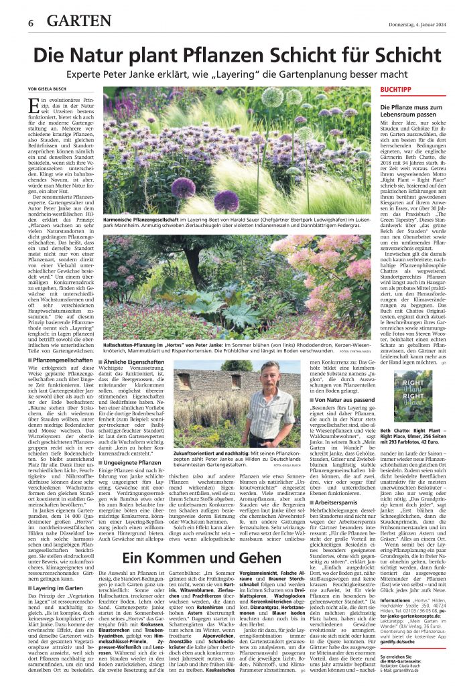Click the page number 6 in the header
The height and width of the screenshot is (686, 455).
coord(31,22)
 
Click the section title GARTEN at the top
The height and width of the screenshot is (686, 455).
coord(79,21)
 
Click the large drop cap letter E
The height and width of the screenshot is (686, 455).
coord(34,107)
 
